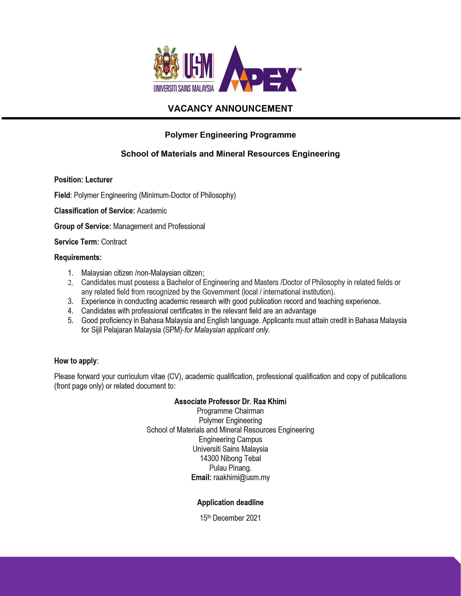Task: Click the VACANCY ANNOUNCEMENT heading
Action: click(230, 109)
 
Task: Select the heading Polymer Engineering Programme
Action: click(230, 135)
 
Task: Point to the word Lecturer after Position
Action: click(99, 180)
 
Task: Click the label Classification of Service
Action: click(94, 211)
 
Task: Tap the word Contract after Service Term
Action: click(114, 242)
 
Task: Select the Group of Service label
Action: click(82, 226)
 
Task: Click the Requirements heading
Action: click(77, 258)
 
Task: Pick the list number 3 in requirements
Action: click(70, 301)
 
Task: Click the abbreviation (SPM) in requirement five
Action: click(172, 330)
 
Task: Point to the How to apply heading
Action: click(76, 361)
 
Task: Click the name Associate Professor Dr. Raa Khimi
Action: click(230, 402)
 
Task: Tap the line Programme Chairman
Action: click(230, 411)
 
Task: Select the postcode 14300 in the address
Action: click(209, 458)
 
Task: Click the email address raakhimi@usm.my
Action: click(241, 477)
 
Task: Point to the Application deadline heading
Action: click(230, 502)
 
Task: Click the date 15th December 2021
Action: click(230, 518)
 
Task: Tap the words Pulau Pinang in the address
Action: click(230, 468)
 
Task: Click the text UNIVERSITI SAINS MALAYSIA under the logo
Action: click(183, 88)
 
